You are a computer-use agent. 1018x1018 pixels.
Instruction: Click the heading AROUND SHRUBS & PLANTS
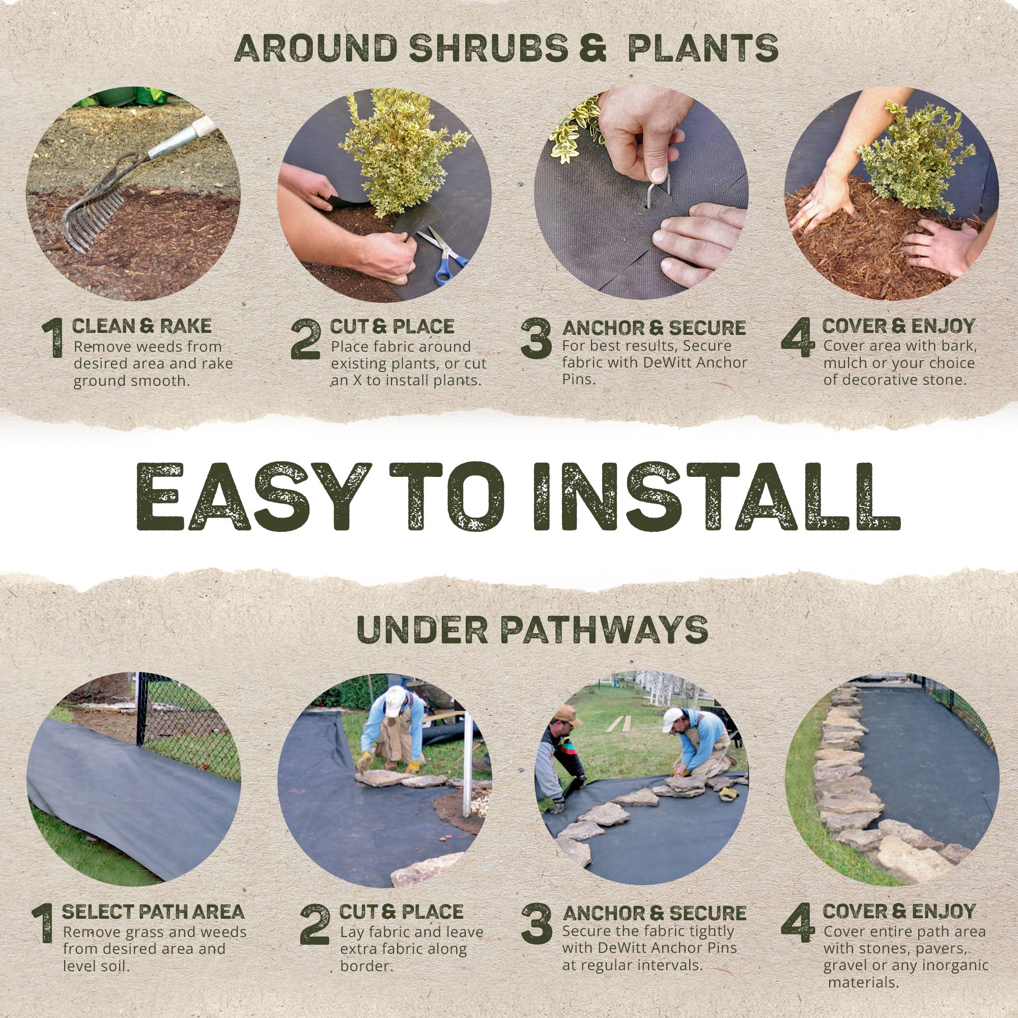pyautogui.click(x=506, y=49)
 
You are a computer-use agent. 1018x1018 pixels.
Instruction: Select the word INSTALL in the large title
pyautogui.click(x=716, y=497)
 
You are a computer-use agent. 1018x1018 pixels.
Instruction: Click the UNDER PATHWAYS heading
pyautogui.click(x=532, y=630)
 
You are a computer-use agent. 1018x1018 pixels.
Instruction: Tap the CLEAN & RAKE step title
pyautogui.click(x=142, y=326)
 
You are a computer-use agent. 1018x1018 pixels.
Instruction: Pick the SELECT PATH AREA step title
pyautogui.click(x=153, y=912)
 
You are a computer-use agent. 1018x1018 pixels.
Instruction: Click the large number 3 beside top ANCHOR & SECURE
pyautogui.click(x=536, y=339)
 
